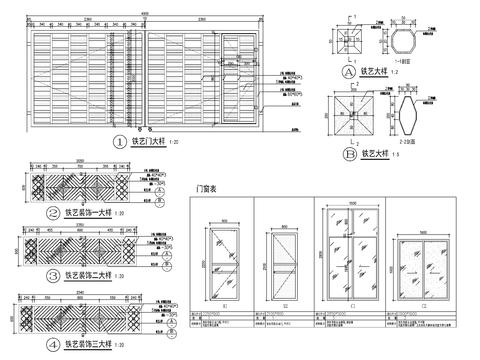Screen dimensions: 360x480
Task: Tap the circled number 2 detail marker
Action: point(54,212)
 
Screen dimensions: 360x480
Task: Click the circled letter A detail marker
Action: point(348,73)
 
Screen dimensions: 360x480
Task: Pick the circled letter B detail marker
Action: point(348,154)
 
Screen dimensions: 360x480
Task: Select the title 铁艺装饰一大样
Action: point(89,212)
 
